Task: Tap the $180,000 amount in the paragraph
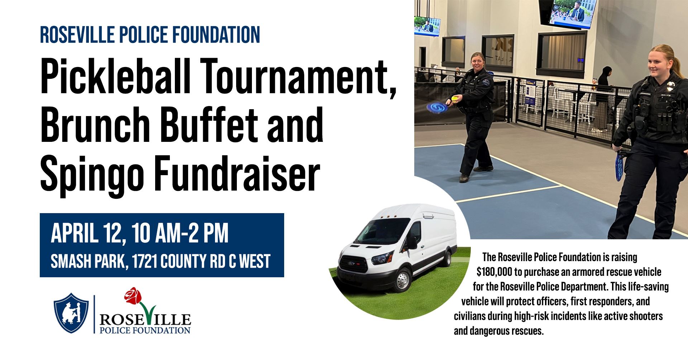point(494,272)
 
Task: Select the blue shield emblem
point(71,313)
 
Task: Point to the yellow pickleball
point(455,99)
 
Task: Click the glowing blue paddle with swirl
point(436,107)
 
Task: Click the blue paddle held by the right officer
point(619,167)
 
